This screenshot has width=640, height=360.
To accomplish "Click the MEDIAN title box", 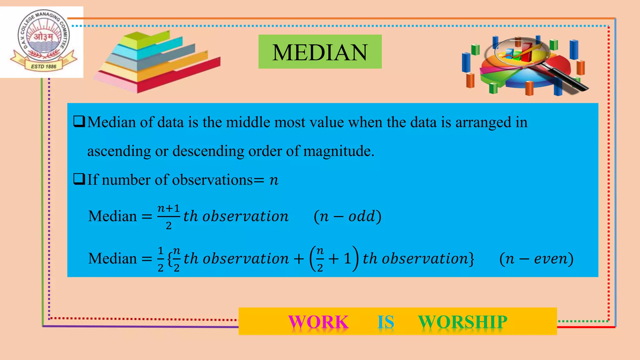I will click(320, 52).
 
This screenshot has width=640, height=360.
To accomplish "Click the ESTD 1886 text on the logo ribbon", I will click(43, 67).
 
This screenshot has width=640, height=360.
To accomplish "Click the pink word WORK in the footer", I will click(318, 322).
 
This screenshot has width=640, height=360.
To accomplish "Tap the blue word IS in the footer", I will click(386, 322).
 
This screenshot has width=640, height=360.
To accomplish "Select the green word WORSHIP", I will click(462, 322).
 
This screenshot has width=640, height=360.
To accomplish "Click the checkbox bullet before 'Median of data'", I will click(79, 121).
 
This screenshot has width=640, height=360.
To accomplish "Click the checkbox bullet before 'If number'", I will click(79, 179).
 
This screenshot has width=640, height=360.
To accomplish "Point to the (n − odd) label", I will click(347, 216).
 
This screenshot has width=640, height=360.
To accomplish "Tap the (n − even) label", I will click(536, 258).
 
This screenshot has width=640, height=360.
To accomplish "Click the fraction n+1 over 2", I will click(168, 216).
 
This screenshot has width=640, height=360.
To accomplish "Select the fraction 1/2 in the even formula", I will click(161, 259).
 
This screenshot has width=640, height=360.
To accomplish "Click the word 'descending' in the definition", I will click(208, 151).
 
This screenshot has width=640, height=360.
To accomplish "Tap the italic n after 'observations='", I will click(274, 180).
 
